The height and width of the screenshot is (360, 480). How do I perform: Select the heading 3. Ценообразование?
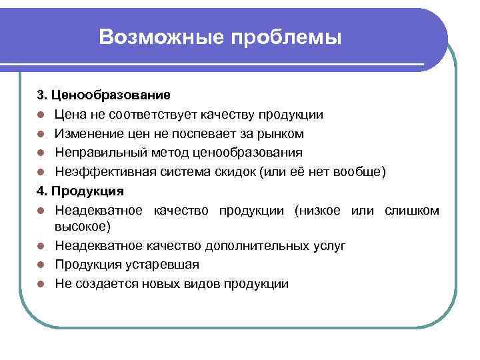103,96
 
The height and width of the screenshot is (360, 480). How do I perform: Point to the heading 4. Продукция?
80,191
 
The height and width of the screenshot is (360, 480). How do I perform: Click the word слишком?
412,211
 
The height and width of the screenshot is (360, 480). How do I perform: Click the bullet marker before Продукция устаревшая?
41,265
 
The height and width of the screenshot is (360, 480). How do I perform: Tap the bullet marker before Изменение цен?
41,135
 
